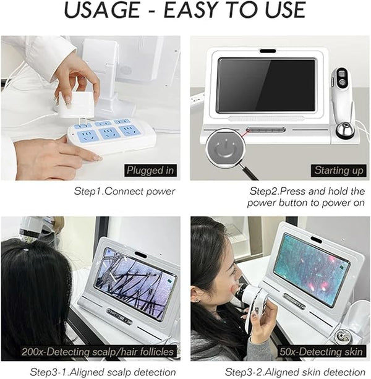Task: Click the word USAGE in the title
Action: coord(101,10)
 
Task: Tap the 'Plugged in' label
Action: coord(150,171)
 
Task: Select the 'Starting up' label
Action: coord(339,171)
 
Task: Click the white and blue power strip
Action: coord(112,134)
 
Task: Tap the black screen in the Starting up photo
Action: coord(267,85)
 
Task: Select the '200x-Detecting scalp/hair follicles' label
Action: coord(98,351)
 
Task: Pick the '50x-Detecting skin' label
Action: coord(321,351)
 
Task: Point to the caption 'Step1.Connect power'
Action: coord(124,192)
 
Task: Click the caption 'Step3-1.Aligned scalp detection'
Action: coord(103,372)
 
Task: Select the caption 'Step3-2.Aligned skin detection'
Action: coord(295,372)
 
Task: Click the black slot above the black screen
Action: coord(268,51)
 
